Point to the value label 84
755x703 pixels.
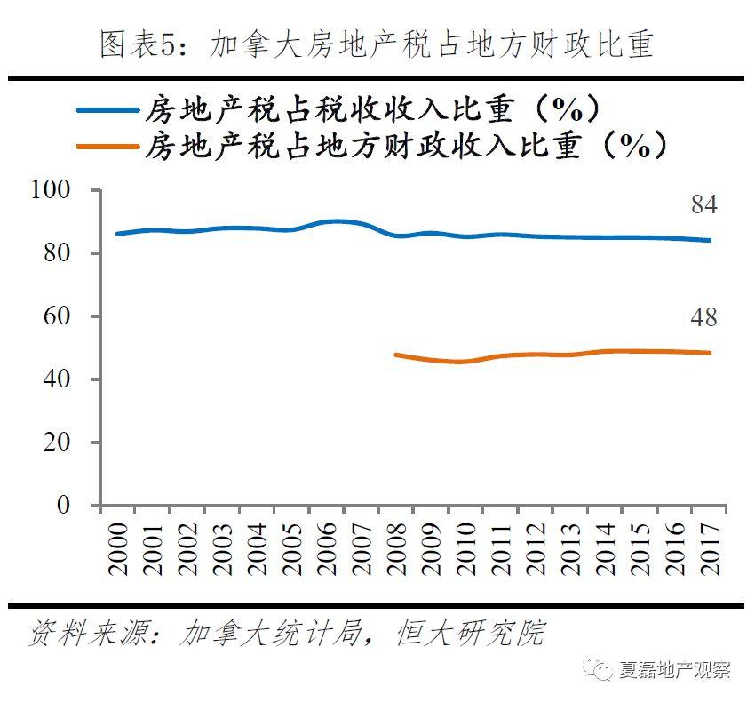703,205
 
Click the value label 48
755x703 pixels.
703,317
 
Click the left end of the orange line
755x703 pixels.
395,355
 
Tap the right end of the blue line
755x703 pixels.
710,240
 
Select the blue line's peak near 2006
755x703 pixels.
330,220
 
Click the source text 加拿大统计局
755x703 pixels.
270,634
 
